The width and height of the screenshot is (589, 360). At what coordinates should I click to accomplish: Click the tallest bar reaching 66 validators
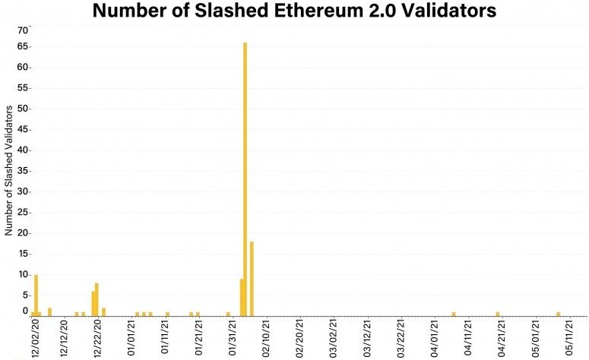(x=245, y=178)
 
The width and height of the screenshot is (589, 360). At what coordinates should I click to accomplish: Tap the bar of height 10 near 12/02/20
(x=36, y=295)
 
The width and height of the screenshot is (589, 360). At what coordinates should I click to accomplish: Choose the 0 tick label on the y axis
(x=25, y=311)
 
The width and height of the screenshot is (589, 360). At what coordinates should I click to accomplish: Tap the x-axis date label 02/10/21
(x=266, y=339)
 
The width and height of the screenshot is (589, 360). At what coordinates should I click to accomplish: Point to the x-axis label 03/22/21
(x=400, y=339)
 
